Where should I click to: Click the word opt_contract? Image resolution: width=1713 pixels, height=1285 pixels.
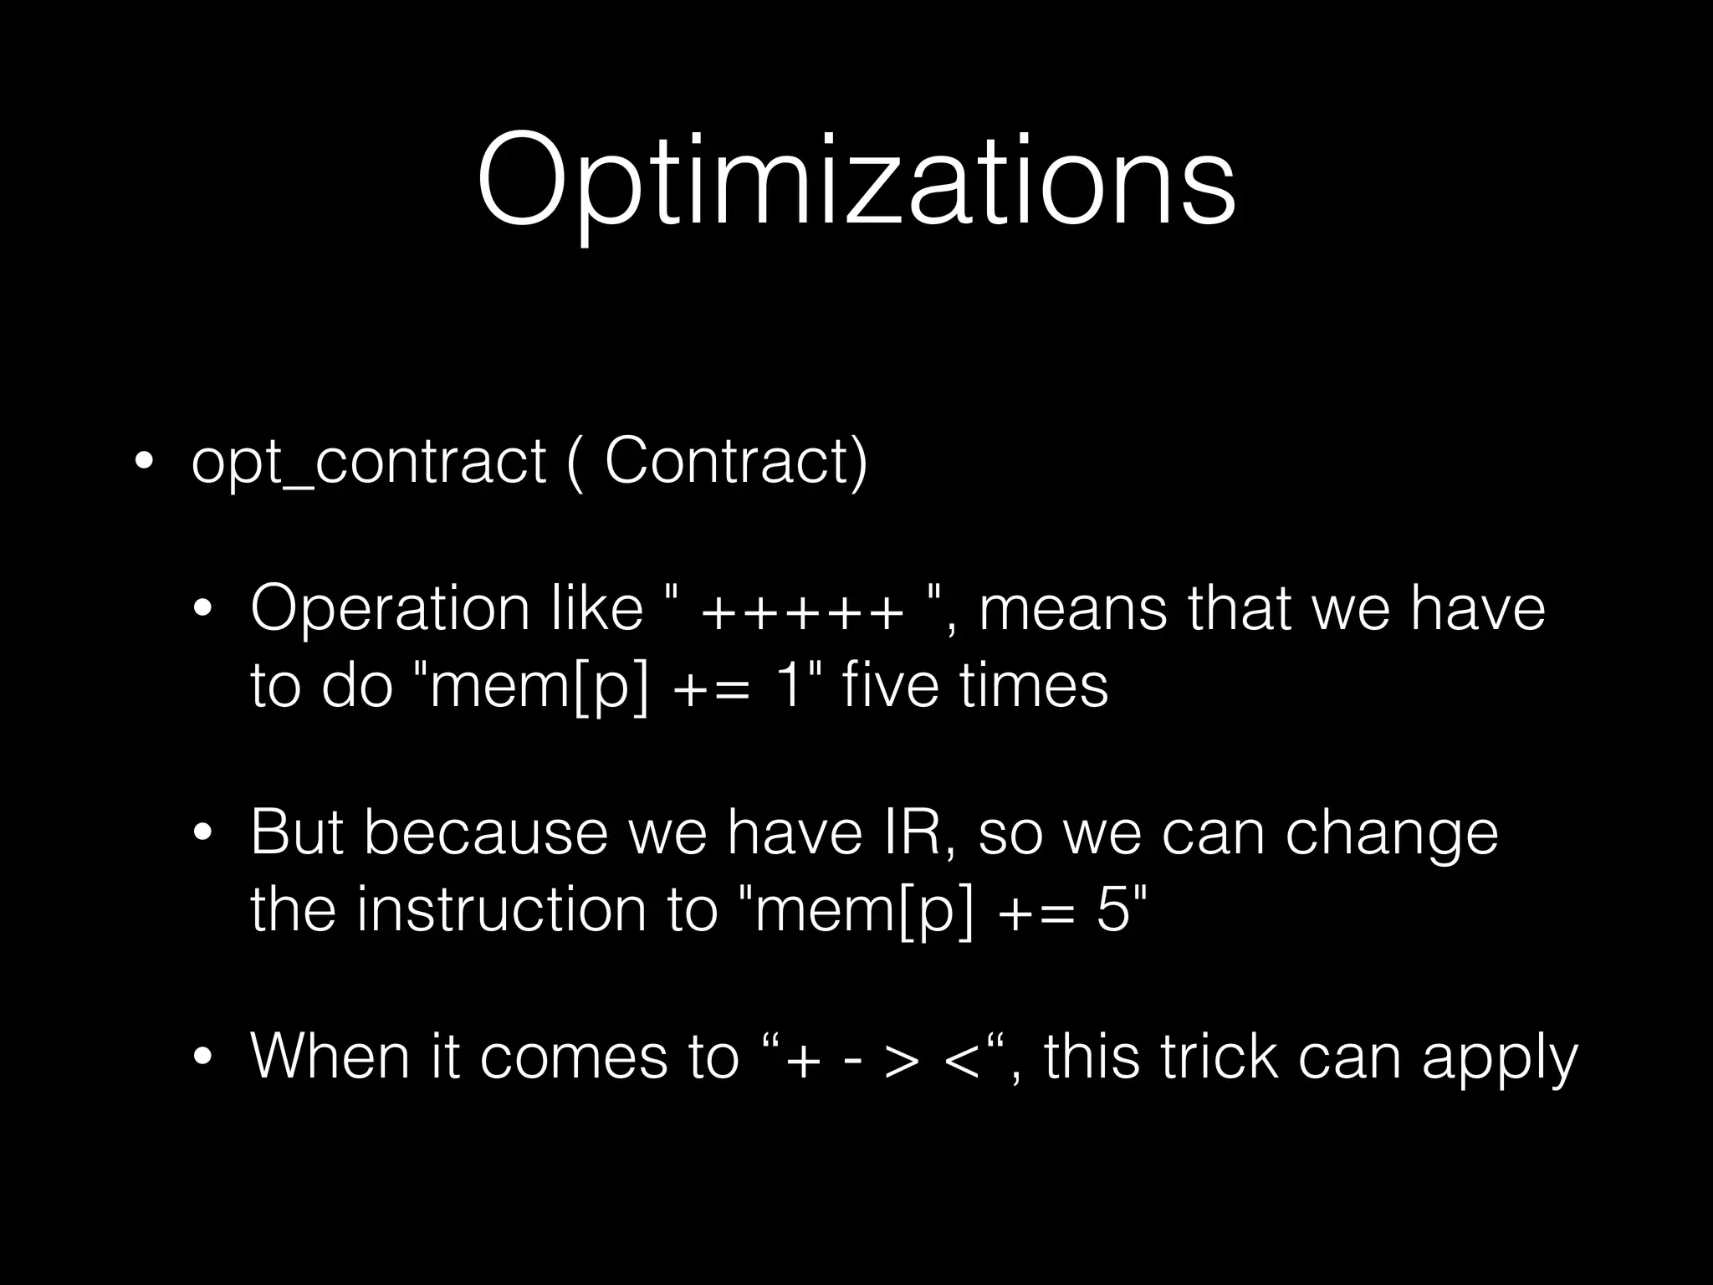point(368,463)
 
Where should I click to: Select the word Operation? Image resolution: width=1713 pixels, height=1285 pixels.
point(390,610)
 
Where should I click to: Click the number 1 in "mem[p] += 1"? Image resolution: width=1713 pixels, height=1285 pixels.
point(787,685)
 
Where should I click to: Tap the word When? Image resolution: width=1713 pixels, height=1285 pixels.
point(330,1056)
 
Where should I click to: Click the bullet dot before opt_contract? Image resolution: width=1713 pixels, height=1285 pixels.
point(143,463)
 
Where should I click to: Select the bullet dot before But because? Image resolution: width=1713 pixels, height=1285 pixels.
point(202,833)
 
